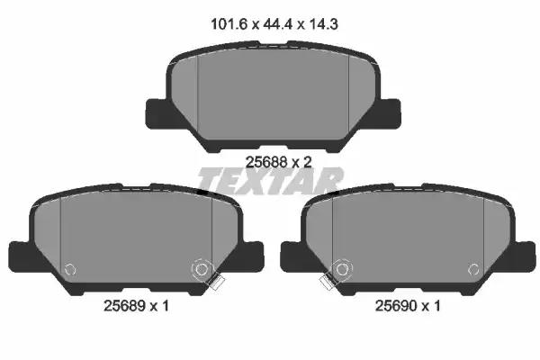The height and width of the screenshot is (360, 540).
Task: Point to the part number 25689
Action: [x=121, y=305]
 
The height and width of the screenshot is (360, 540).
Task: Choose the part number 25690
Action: [x=400, y=305]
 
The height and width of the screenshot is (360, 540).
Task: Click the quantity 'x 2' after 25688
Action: [x=299, y=162]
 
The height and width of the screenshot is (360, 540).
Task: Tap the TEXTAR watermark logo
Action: [x=270, y=181]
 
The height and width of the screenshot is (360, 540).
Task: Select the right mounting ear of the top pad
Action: [x=385, y=112]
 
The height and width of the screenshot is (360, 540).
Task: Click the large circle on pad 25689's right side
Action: [x=202, y=268]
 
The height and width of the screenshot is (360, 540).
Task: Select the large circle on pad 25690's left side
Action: [x=340, y=268]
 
